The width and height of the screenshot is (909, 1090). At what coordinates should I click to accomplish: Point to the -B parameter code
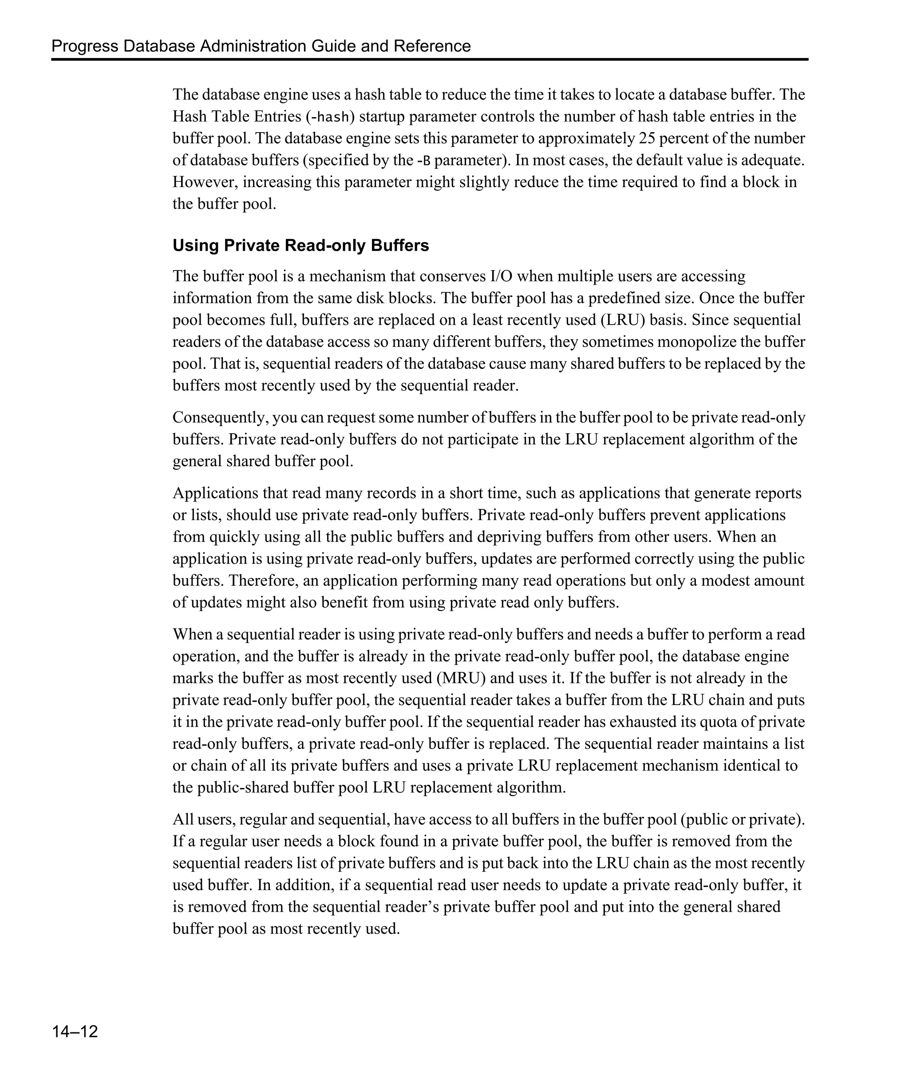[424, 161]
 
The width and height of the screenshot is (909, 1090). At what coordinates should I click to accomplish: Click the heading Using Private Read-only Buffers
[301, 246]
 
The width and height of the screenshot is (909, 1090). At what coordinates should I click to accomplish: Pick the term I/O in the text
[502, 276]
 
